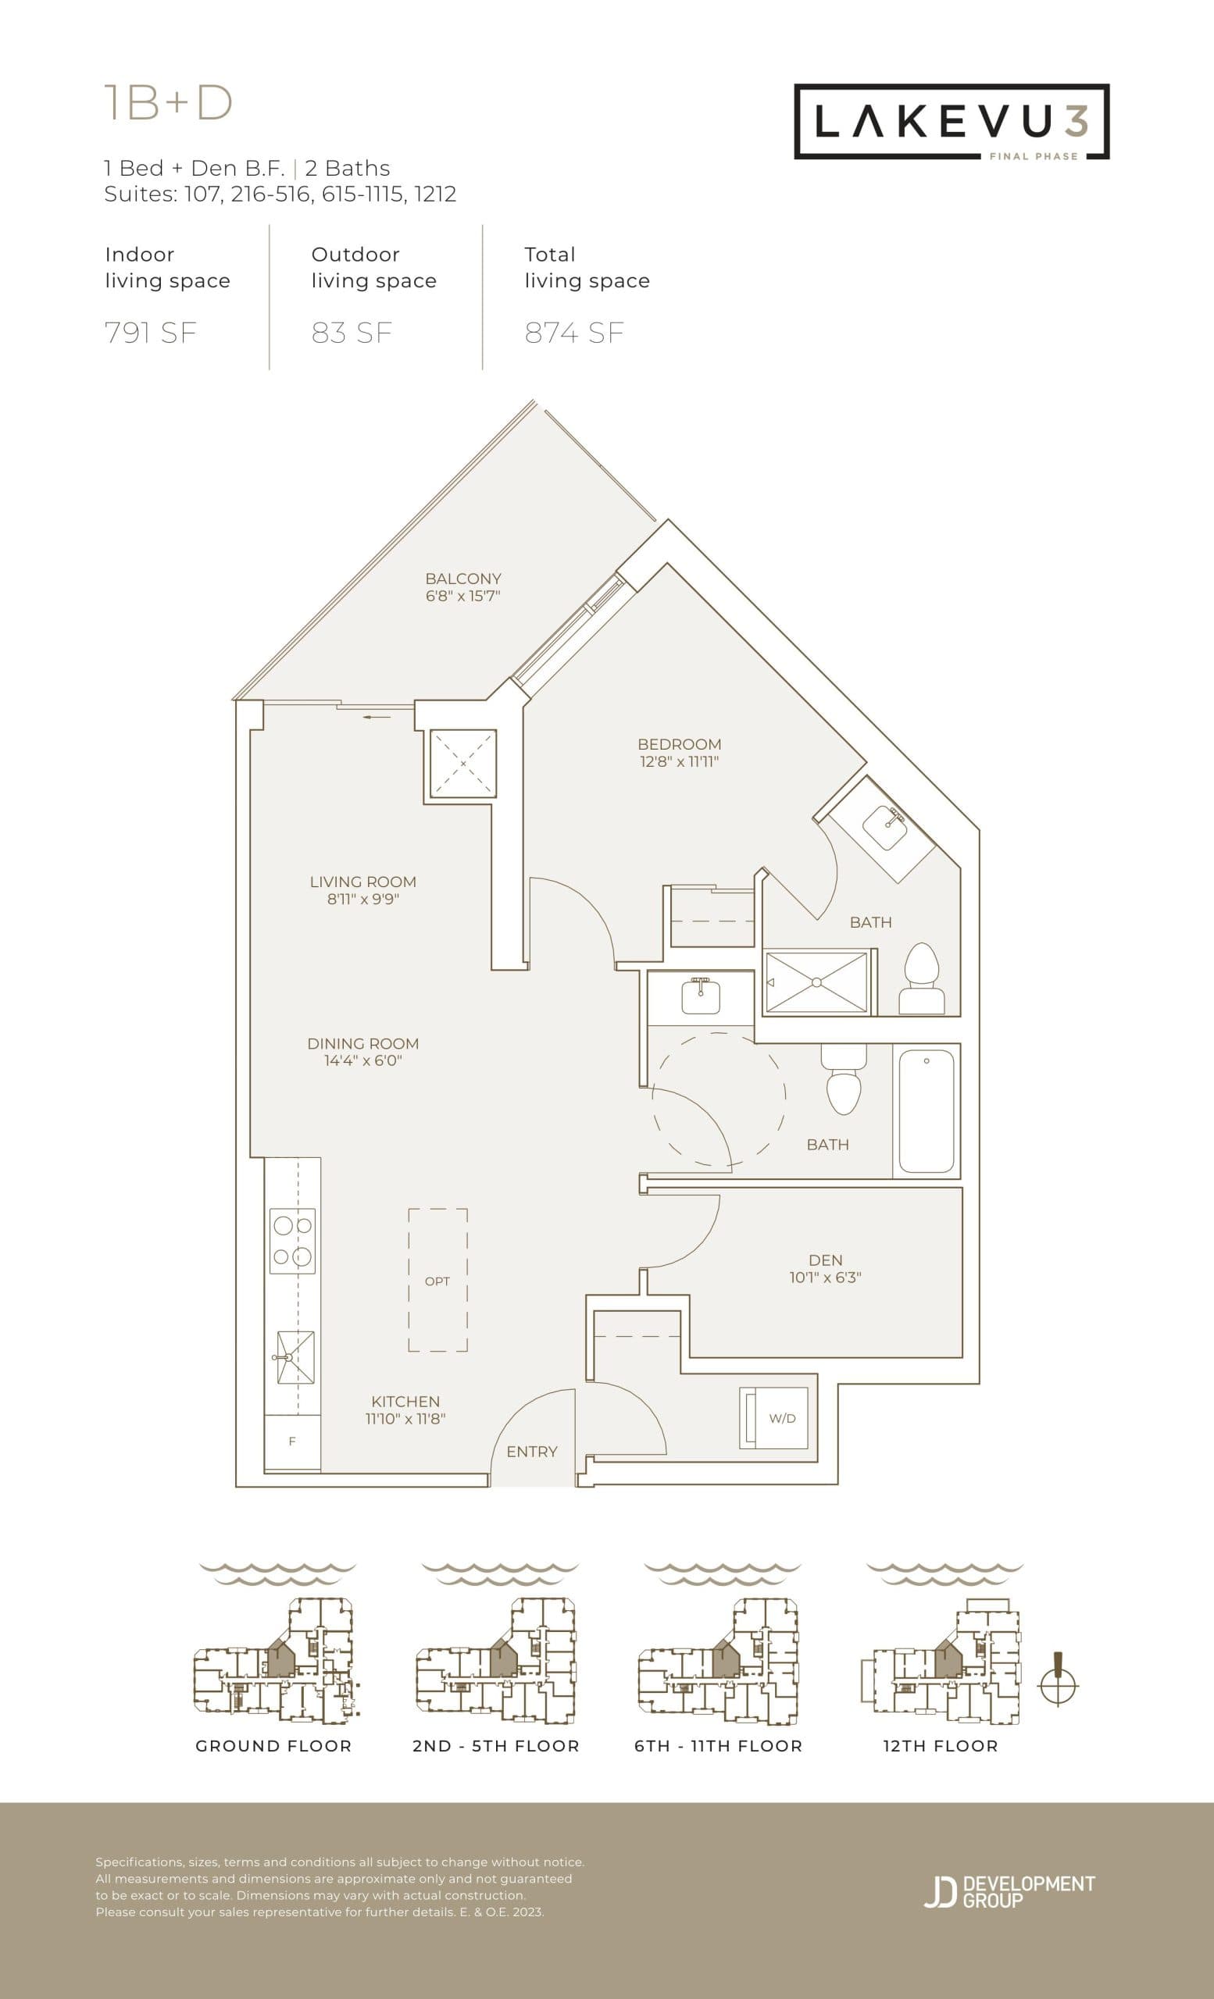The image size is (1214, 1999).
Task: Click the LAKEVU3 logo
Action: coord(951,122)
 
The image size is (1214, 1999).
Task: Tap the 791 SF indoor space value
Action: coord(151,333)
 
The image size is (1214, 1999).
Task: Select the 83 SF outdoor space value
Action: coord(352,333)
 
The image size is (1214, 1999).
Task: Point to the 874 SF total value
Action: coord(574,333)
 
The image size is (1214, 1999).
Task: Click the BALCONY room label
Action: coord(462,579)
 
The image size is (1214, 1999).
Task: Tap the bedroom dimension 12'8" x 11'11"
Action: coord(678,762)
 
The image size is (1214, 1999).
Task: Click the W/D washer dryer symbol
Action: coord(774,1418)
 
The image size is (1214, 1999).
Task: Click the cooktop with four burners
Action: coord(292,1242)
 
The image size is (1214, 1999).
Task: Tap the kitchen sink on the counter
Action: coord(295,1357)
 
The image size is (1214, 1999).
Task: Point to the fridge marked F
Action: coord(292,1441)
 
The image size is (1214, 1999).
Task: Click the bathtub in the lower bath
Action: coord(926,1110)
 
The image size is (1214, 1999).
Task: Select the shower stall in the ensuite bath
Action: coord(816,982)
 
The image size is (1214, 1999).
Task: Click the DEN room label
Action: coord(825,1260)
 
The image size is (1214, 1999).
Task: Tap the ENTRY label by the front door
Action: coord(531,1452)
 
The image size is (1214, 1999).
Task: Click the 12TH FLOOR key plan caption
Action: coord(940,1746)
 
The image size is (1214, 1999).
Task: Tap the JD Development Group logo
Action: coord(1009,1891)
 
